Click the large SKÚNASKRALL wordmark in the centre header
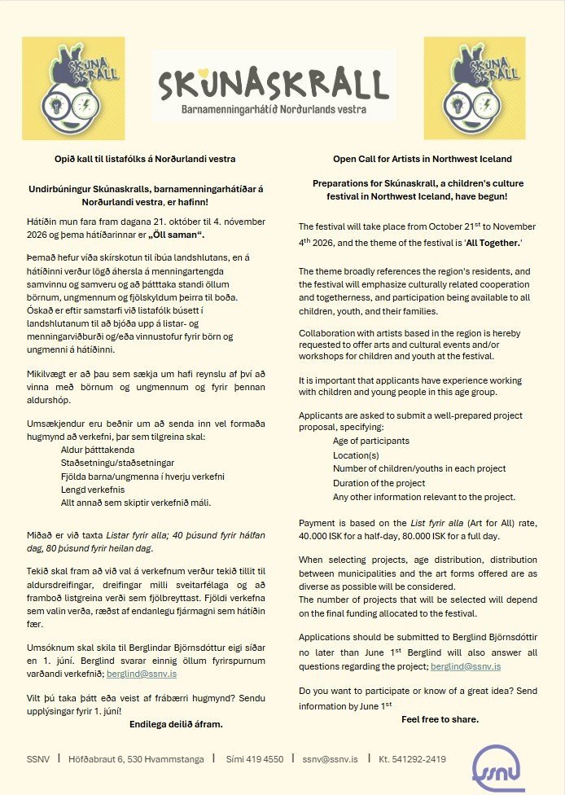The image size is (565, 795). pos(273,83)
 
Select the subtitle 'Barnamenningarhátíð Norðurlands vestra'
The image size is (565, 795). pos(273,108)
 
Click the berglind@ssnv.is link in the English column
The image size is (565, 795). pos(466,665)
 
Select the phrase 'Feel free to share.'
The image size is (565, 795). pos(440,719)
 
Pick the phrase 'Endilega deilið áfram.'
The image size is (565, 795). pos(176,723)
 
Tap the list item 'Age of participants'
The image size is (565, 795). pos(370,441)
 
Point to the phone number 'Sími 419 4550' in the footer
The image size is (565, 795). pos(253,759)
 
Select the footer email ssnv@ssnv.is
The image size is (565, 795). pos(330,759)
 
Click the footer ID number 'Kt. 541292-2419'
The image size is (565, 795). pos(412,759)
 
